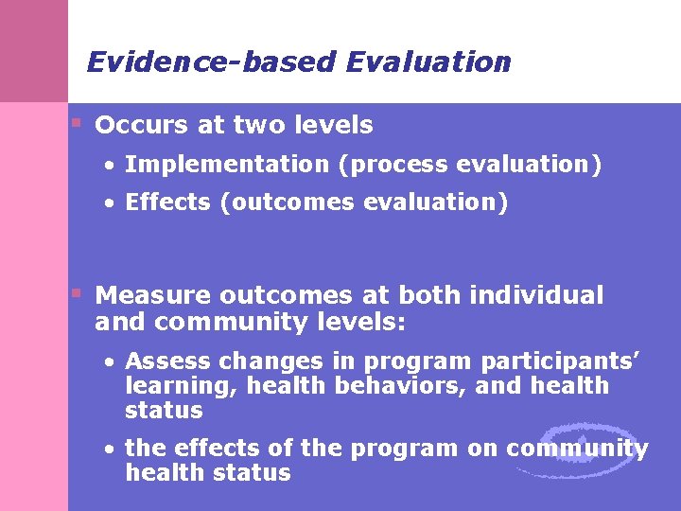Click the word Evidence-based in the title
pyautogui.click(x=211, y=62)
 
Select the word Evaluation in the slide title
pyautogui.click(x=428, y=62)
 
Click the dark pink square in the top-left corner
pyautogui.click(x=34, y=51)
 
